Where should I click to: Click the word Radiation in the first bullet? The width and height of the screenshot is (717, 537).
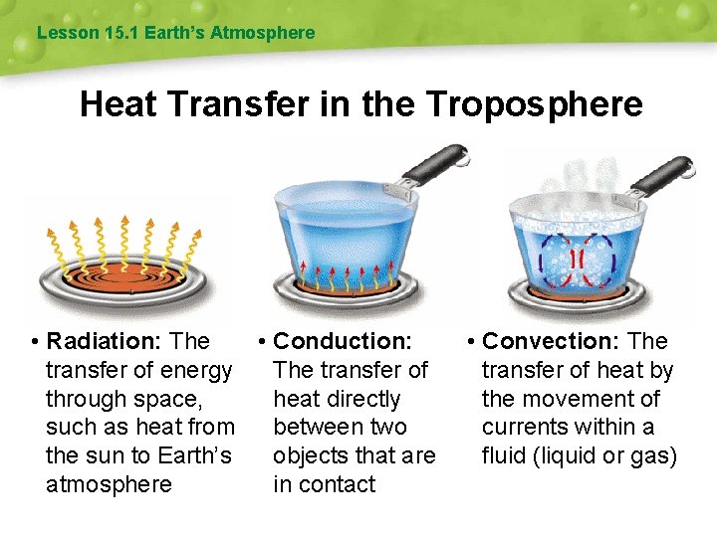pos(104,341)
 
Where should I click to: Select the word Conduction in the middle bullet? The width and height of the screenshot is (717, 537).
pos(342,341)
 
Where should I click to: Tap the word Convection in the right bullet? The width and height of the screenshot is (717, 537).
pos(552,341)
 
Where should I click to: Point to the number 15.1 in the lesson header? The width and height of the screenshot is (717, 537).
pos(121,33)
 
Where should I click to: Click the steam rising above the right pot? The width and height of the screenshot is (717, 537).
pos(573,184)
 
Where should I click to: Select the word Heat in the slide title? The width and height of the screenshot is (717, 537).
pos(119,103)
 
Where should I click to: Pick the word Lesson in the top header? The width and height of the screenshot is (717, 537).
pos(68,33)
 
